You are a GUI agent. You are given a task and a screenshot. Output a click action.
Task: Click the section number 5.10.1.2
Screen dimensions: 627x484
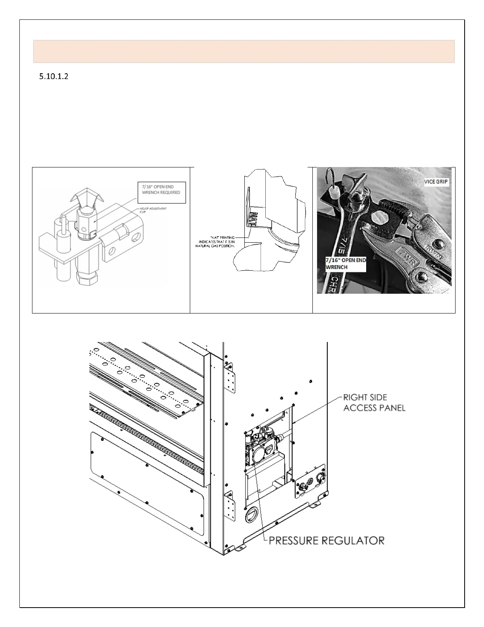[53, 77]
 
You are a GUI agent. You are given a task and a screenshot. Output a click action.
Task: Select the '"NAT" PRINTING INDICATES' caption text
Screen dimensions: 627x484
[216, 241]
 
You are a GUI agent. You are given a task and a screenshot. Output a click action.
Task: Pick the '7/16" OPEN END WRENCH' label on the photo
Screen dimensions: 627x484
[346, 263]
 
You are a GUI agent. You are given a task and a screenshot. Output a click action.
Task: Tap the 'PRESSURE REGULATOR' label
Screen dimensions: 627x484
[327, 540]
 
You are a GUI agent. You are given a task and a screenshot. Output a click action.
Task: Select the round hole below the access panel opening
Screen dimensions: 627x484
[251, 515]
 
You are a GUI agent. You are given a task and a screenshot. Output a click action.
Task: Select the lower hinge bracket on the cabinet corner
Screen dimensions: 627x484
[230, 505]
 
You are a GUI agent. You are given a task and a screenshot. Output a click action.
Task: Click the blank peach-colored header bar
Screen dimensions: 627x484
[244, 51]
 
